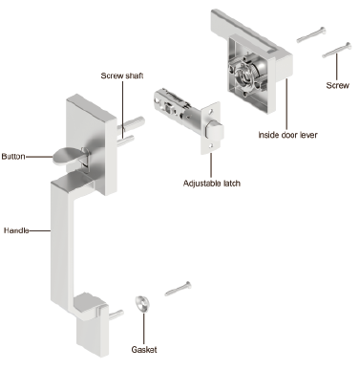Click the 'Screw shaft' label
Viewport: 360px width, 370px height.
122,76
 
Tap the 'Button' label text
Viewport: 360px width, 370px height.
13,157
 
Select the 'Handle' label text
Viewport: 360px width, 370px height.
16,230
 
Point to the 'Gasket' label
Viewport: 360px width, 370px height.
144,349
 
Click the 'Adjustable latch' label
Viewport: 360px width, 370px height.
212,184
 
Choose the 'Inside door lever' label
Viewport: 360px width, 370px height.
287,135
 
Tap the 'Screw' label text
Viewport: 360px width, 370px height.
337,85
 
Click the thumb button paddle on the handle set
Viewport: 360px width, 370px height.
68,157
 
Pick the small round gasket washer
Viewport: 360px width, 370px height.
141,304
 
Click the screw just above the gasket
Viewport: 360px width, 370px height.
178,289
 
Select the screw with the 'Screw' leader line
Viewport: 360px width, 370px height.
337,50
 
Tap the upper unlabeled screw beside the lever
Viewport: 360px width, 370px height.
311,34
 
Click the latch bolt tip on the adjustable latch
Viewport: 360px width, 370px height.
215,131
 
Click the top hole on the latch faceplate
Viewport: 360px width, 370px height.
210,113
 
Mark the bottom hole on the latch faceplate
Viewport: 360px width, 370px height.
211,146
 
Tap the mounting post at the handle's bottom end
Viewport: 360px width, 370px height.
116,314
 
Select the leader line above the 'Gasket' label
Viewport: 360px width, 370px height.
143,328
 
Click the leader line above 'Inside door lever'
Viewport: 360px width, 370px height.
286,104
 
